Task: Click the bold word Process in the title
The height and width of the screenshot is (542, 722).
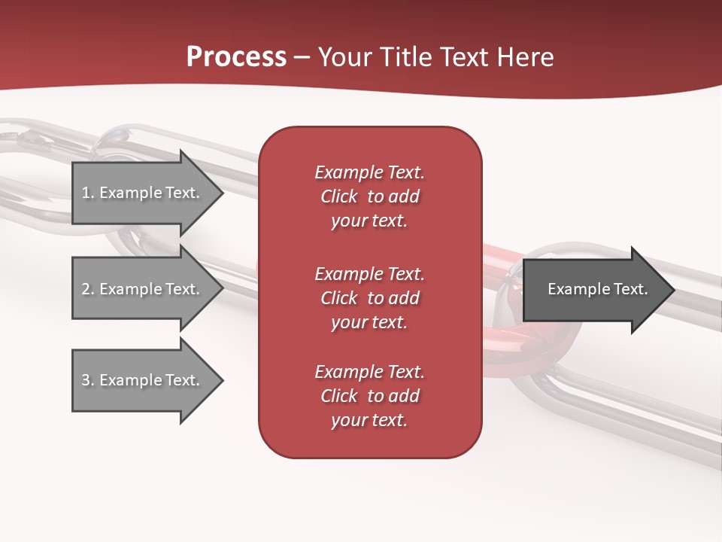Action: pos(236,56)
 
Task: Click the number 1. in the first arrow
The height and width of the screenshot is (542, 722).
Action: pos(88,193)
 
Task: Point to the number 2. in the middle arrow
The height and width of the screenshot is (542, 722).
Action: pos(88,289)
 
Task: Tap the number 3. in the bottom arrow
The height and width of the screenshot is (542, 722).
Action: pos(88,380)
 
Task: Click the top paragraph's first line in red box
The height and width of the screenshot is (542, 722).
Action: pos(369,172)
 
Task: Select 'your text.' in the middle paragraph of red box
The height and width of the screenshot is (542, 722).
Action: pos(369,322)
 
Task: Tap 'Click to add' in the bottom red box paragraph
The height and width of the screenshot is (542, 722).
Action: pos(369,396)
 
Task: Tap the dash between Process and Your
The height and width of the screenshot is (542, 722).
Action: pos(302,57)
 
